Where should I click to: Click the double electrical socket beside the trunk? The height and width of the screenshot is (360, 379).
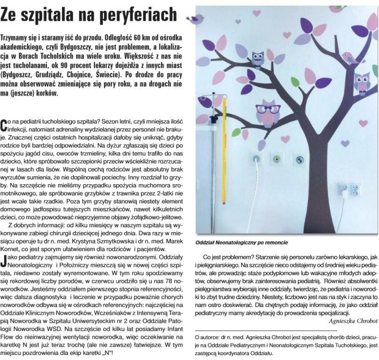349,189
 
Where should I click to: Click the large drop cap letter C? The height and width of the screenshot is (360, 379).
5,124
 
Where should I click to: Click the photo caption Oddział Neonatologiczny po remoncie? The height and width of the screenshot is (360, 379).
241,243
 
